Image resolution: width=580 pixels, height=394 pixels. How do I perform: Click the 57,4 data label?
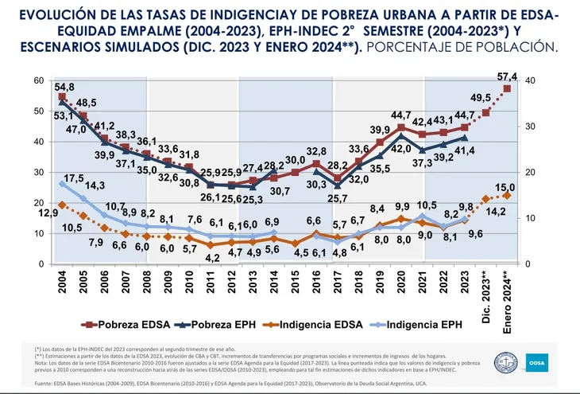click(508, 76)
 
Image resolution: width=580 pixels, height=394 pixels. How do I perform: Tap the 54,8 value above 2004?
click(64, 87)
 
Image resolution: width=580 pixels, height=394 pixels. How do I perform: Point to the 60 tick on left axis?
click(39, 80)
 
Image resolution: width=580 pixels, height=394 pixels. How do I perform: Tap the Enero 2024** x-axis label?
click(508, 294)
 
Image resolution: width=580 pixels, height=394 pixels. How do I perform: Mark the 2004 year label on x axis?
click(63, 283)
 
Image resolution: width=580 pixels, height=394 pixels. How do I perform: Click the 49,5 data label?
click(481, 97)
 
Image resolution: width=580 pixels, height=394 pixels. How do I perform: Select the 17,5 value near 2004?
click(73, 177)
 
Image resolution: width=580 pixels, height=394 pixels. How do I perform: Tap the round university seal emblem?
click(505, 361)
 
